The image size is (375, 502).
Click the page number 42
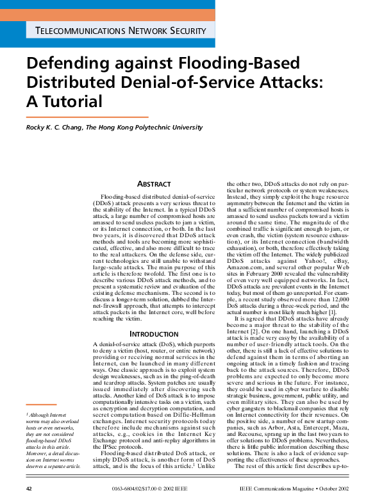[x=29, y=489]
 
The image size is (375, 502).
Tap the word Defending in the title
[x=65, y=63]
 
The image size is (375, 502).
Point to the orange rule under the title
[x=87, y=117]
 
